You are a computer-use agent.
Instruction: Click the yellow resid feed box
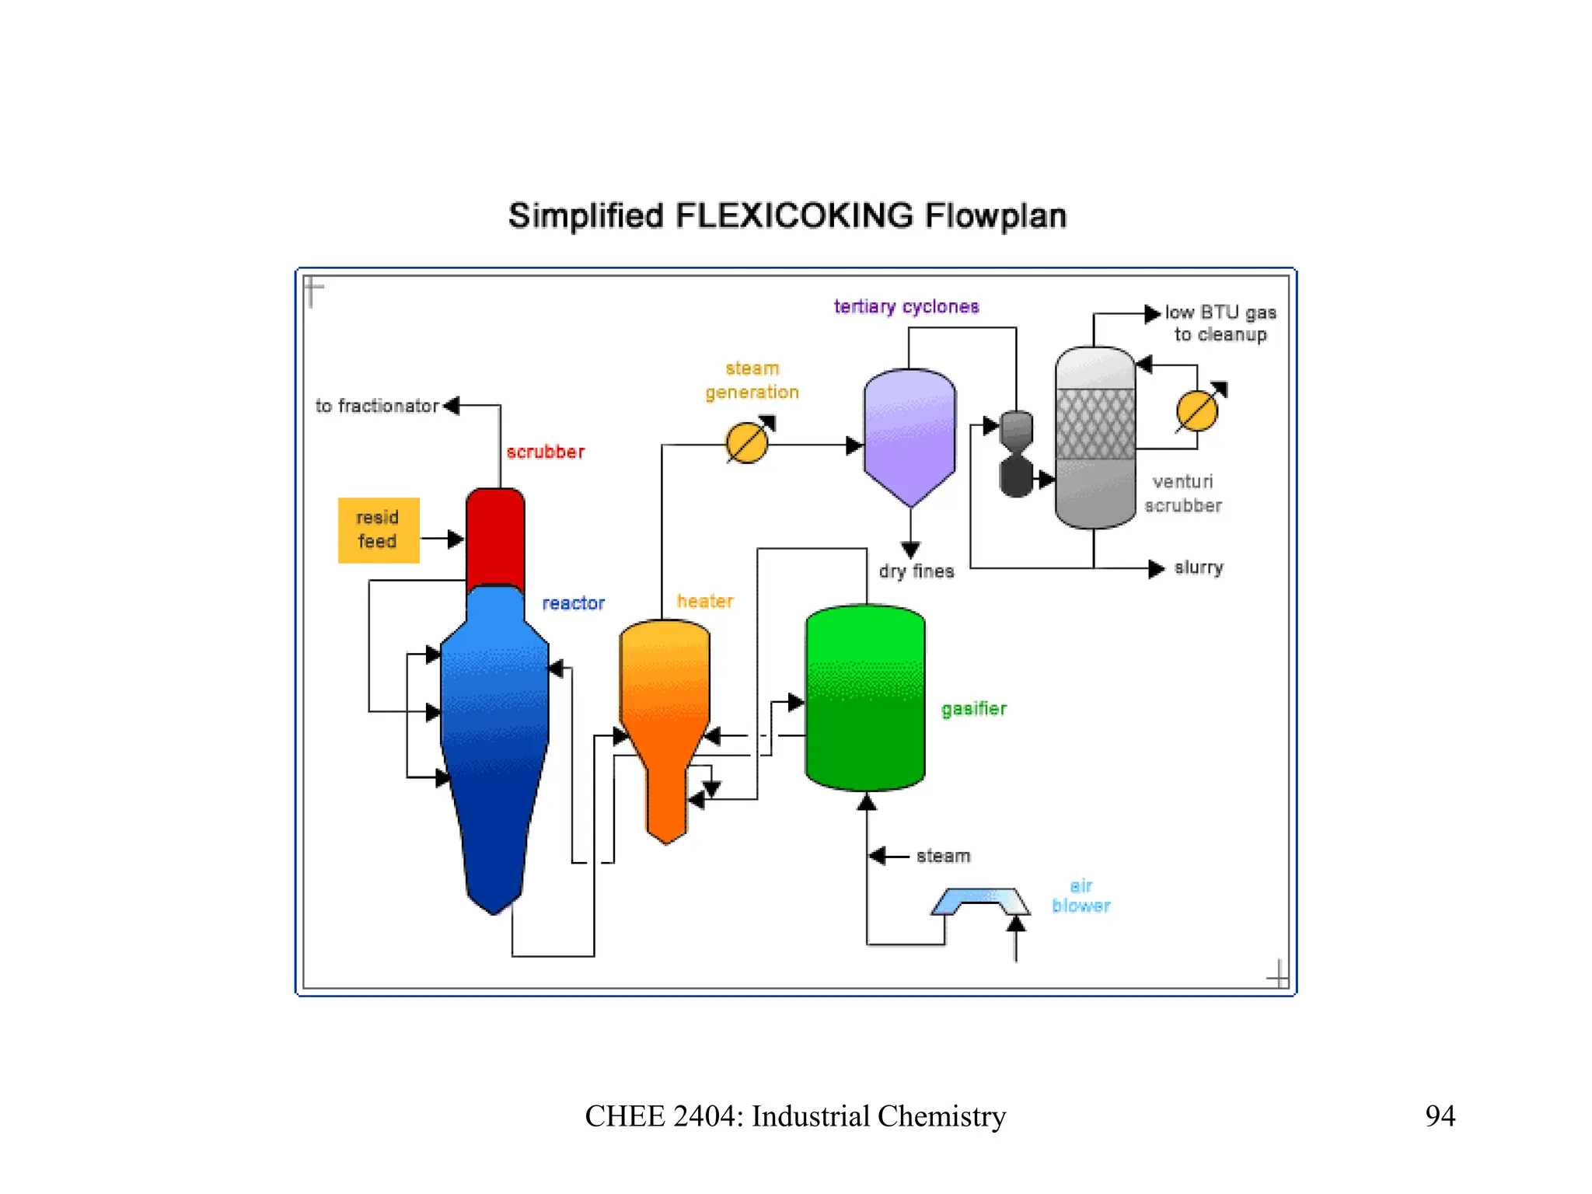[379, 530]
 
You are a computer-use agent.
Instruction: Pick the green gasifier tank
[865, 697]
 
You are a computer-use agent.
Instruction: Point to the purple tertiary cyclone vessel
[909, 435]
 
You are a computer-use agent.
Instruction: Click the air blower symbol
[981, 902]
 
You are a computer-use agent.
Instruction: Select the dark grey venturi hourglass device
[1016, 453]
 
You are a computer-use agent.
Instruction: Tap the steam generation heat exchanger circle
[747, 443]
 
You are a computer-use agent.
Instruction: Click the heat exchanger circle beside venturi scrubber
[1197, 411]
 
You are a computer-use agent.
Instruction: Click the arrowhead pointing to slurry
[1157, 568]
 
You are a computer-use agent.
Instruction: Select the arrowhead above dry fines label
[911, 550]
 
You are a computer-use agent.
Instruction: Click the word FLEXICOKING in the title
[794, 216]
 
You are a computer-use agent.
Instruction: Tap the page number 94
[1440, 1115]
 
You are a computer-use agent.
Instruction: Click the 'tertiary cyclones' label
[906, 307]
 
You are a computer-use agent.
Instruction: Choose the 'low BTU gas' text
[1220, 312]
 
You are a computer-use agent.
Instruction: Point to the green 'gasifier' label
[974, 708]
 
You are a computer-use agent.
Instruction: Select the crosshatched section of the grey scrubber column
[1095, 424]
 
